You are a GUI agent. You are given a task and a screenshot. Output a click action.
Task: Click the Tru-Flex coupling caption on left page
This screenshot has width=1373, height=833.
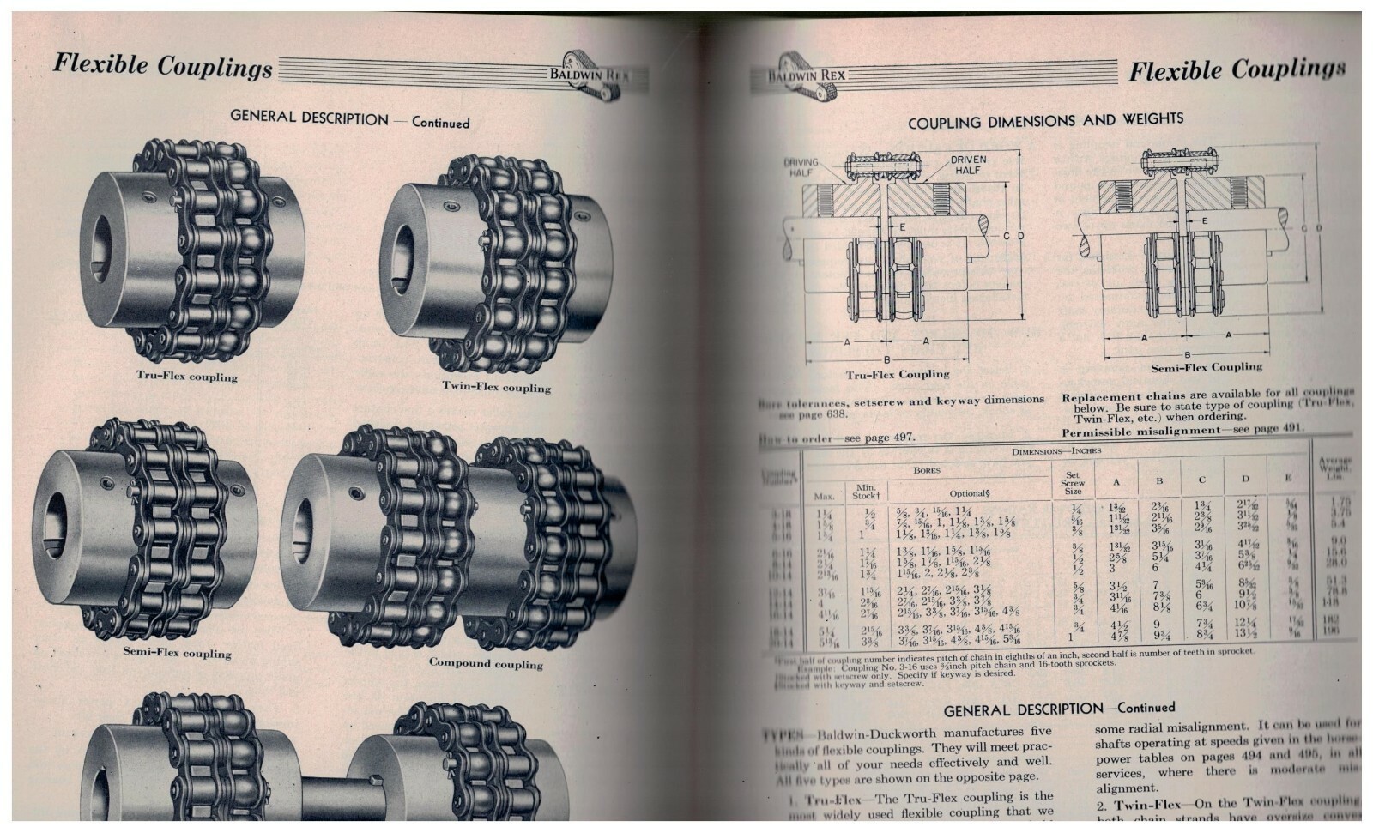pos(187,377)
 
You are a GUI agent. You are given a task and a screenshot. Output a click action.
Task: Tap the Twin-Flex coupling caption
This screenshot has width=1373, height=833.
pos(496,387)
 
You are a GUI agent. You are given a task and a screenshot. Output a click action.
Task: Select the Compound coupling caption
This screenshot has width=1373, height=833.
pos(486,663)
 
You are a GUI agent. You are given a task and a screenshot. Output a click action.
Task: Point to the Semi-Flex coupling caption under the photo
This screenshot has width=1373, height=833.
pos(177,653)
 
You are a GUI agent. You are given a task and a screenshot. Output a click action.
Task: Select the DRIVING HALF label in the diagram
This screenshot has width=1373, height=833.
pos(801,167)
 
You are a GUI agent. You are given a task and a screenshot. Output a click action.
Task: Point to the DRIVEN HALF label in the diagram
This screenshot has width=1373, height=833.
pos(968,165)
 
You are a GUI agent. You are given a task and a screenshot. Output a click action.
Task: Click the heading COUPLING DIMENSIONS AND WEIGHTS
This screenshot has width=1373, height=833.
pos(1045,121)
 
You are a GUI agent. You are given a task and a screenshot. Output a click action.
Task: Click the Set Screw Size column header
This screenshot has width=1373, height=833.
pos(1072,483)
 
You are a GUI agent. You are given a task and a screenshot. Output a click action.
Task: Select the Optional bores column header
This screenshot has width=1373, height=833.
pos(970,494)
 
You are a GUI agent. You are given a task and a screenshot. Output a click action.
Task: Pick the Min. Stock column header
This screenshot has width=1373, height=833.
pos(866,492)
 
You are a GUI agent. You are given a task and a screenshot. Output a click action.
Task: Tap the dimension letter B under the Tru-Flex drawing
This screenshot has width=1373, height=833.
pos(886,360)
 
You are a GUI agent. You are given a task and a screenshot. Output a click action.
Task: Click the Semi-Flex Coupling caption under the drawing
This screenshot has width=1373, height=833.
pos(1206,367)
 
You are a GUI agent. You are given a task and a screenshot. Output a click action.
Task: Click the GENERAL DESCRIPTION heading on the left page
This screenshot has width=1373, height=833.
pos(309,118)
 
